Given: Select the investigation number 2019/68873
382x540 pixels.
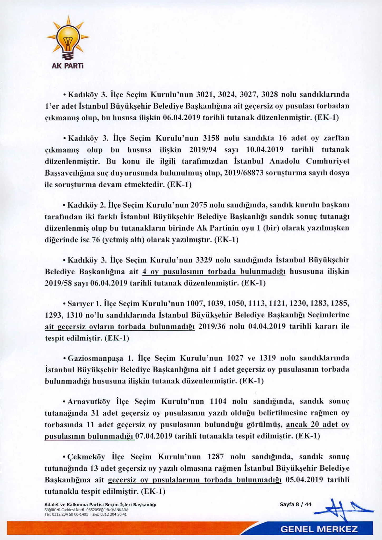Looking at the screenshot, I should [247, 173].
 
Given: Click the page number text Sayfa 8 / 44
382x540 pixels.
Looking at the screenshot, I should [296, 504].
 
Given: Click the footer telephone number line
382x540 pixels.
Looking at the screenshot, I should [86, 514].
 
